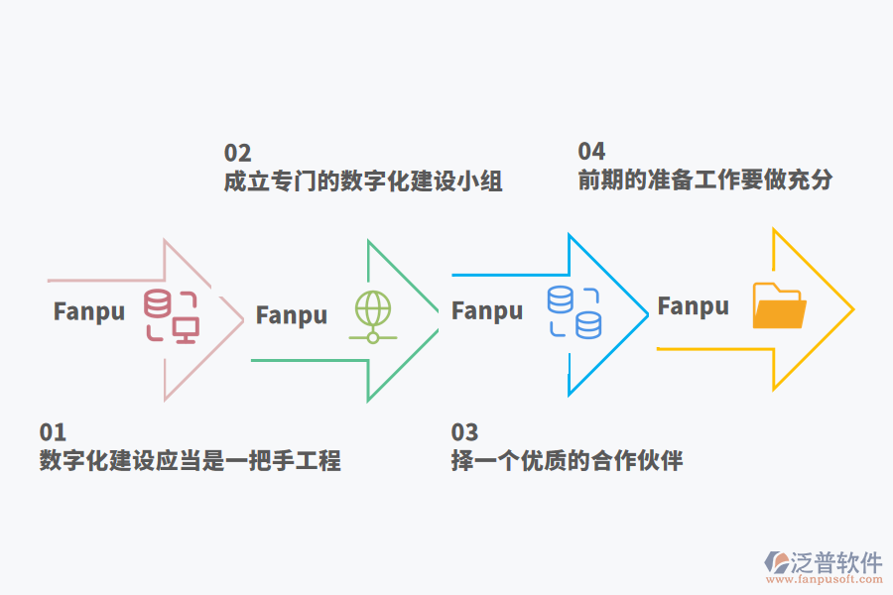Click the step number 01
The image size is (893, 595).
click(53, 432)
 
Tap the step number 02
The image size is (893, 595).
click(237, 153)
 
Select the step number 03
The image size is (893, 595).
click(464, 432)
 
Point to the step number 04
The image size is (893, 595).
click(591, 151)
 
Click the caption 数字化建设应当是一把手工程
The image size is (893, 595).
click(190, 461)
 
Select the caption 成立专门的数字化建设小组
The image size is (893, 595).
click(363, 181)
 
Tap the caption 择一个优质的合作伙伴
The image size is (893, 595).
click(567, 461)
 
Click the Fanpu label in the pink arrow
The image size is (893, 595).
click(89, 311)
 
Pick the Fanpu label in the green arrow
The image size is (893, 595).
click(292, 315)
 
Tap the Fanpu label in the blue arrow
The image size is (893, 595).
click(487, 310)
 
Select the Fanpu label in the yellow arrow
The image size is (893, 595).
click(694, 306)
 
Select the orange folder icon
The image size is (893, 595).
click(779, 305)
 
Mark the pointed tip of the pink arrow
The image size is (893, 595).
click(242, 318)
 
